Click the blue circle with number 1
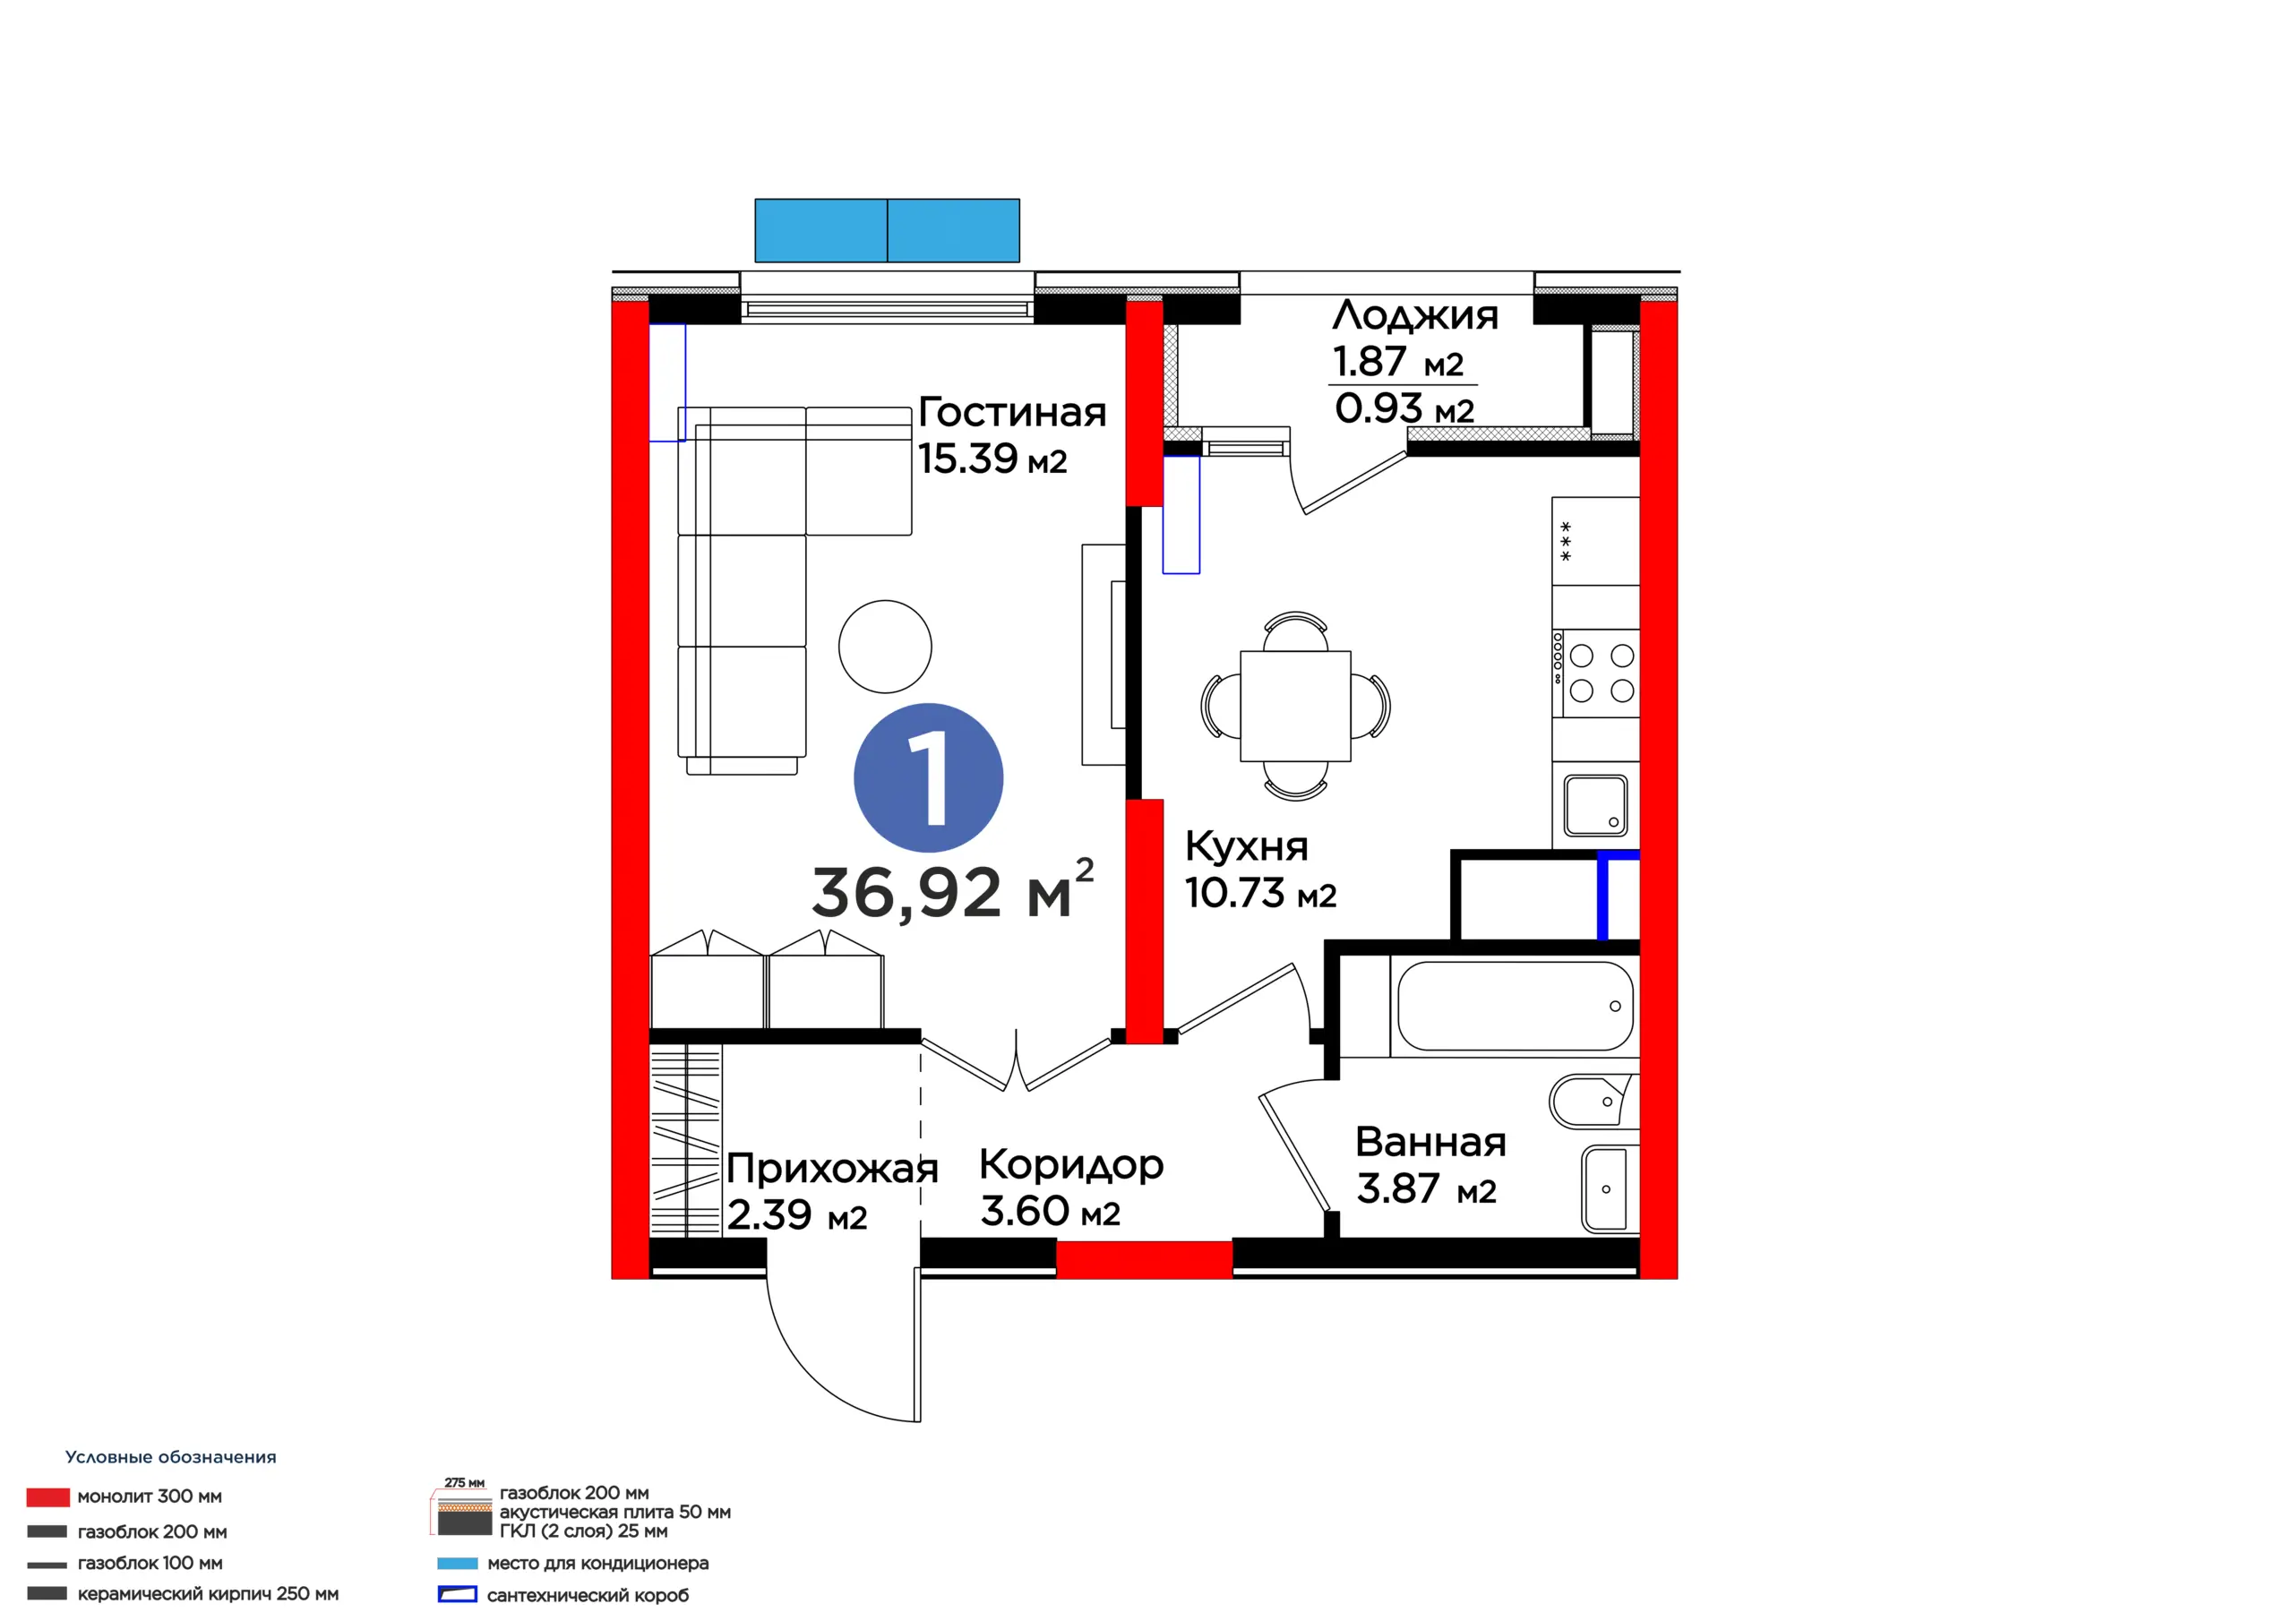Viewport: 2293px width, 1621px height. (x=928, y=778)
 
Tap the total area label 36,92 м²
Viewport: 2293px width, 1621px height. (x=953, y=890)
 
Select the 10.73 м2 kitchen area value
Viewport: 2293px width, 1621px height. (x=1260, y=893)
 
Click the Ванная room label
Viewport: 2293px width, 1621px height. (x=1430, y=1142)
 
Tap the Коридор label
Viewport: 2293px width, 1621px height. (x=1070, y=1165)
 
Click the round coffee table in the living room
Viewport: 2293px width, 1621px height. (x=885, y=647)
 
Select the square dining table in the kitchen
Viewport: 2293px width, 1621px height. (x=1295, y=706)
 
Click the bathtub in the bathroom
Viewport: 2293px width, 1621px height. (x=1514, y=1006)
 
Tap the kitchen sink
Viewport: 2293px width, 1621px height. (x=1596, y=805)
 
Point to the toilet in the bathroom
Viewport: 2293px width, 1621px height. (x=1593, y=1101)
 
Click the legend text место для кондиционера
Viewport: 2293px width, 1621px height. (x=597, y=1563)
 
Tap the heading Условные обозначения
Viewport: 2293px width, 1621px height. (x=171, y=1457)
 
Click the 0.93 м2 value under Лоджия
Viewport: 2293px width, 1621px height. (x=1404, y=408)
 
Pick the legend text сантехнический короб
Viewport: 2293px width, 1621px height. (x=588, y=1595)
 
